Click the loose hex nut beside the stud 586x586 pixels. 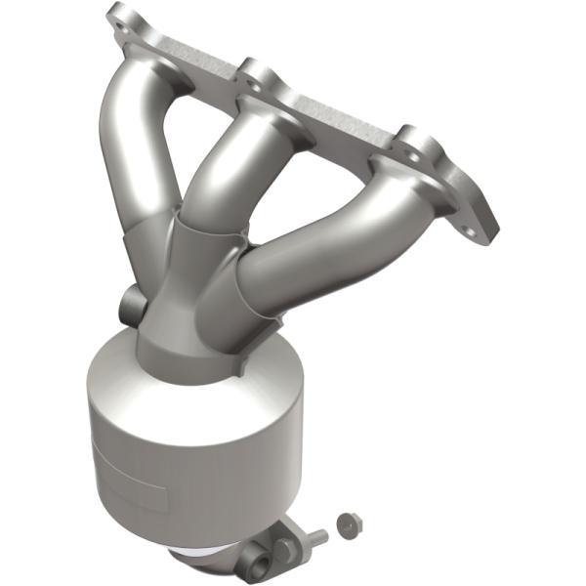coord(345,524)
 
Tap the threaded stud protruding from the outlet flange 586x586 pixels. coord(314,535)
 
